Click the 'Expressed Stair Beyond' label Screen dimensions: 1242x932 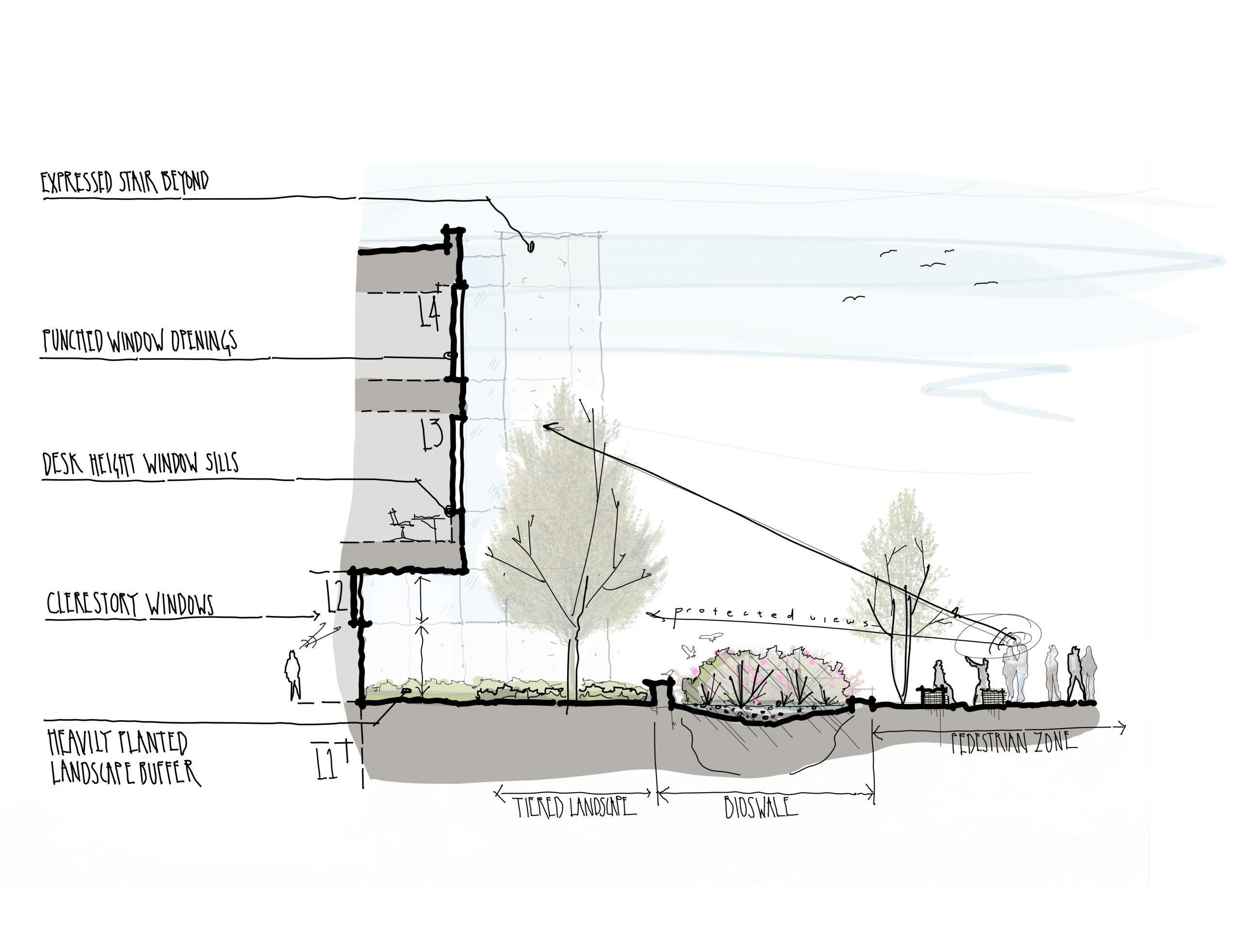click(x=125, y=183)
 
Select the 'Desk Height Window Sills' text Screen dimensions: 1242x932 click(x=140, y=464)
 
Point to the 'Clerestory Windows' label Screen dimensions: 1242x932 click(x=130, y=604)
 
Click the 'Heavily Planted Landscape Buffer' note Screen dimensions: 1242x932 click(x=124, y=756)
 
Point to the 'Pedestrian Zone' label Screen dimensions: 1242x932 click(x=1014, y=743)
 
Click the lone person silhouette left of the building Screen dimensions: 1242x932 click(x=293, y=675)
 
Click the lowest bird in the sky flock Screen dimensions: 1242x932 click(x=853, y=299)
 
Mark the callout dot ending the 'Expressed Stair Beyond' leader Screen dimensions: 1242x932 click(x=531, y=246)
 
